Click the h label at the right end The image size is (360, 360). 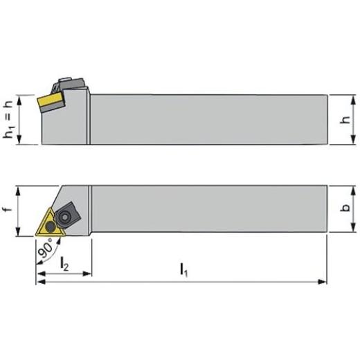(345, 120)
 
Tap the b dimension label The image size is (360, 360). (345, 208)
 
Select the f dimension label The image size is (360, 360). (8, 209)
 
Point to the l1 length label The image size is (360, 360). (184, 269)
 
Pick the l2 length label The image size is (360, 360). (64, 264)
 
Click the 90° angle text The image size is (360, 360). (46, 249)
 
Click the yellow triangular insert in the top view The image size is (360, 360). (51, 224)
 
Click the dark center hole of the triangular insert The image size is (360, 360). (51, 227)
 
